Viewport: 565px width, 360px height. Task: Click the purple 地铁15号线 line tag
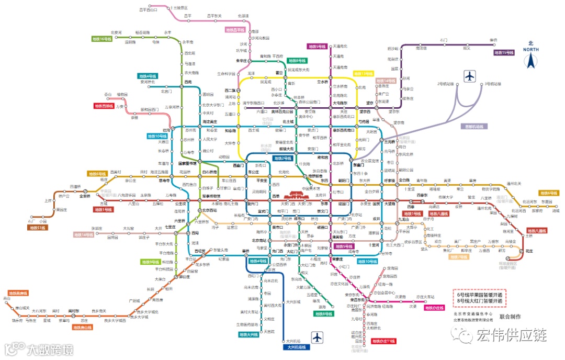(504, 52)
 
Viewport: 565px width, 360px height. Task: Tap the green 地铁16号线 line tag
(101, 39)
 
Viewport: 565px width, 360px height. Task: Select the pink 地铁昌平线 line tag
(235, 30)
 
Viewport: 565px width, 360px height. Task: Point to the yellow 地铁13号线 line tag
(364, 73)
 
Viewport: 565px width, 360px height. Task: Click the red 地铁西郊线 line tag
(104, 106)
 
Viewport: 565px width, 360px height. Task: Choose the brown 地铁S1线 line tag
(38, 228)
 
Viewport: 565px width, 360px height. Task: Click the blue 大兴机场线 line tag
(297, 347)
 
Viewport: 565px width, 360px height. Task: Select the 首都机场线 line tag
(475, 126)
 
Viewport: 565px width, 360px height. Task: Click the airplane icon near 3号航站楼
(469, 76)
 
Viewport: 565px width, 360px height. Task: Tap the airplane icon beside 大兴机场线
(318, 337)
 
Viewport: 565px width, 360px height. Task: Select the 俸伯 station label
(493, 40)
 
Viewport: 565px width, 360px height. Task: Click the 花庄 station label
(529, 251)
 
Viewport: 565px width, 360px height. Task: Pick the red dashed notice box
(479, 298)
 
